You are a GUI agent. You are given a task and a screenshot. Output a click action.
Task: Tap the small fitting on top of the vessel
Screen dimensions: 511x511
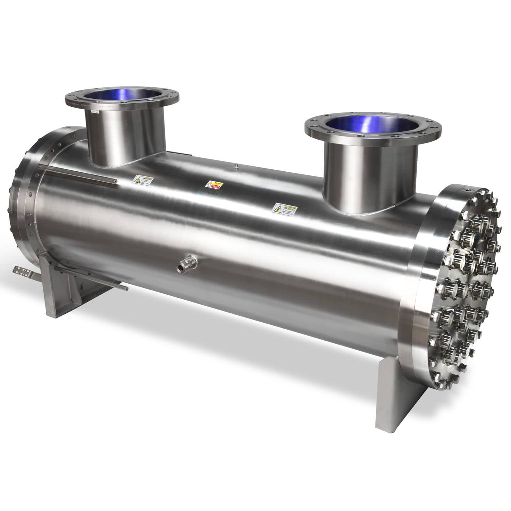pos(236,167)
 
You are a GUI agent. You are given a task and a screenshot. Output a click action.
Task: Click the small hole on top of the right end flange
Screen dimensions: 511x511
pos(468,188)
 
